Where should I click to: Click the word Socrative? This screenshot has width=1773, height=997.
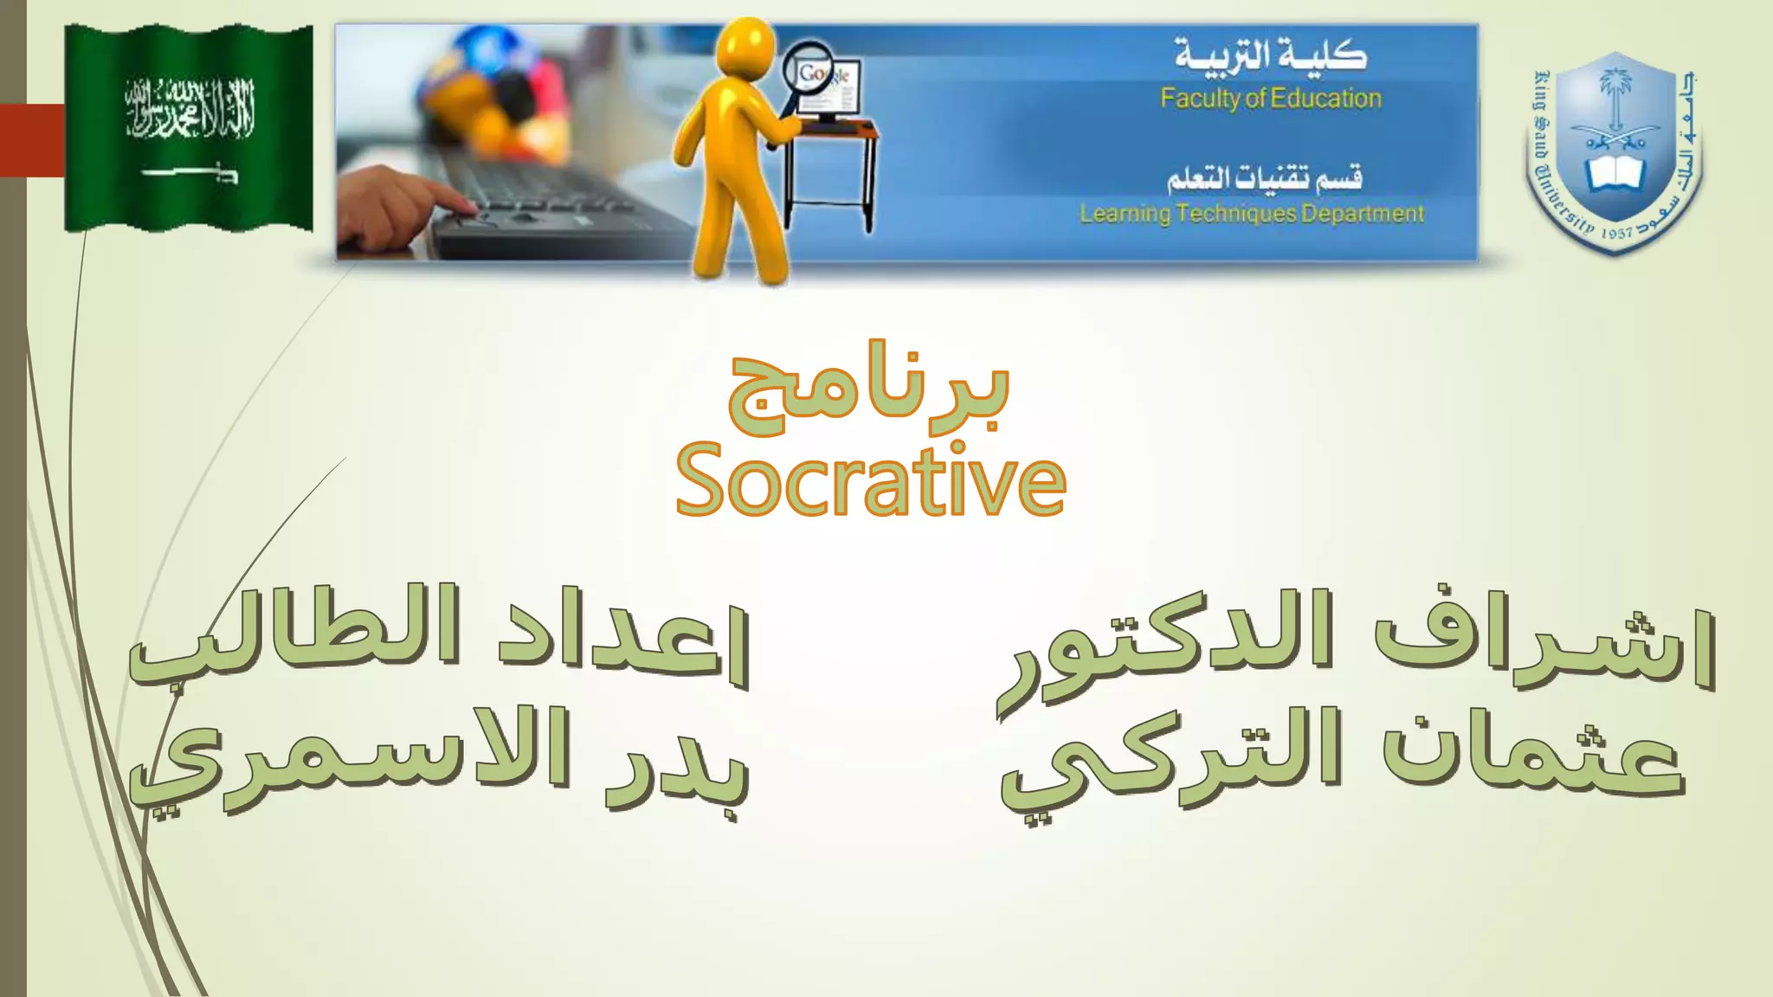[870, 481]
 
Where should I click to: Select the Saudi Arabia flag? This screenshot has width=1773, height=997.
[189, 128]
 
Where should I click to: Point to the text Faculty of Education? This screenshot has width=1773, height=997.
[1271, 99]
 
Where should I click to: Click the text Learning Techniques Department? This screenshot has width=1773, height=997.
[1251, 213]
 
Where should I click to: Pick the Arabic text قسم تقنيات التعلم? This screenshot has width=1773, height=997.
[1264, 177]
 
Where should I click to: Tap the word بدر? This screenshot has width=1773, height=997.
[675, 766]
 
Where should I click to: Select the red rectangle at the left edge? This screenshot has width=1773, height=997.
[32, 140]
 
